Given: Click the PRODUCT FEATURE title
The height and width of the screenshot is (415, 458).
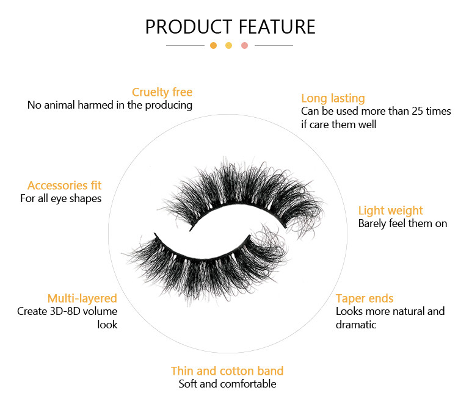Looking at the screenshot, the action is click(x=230, y=27).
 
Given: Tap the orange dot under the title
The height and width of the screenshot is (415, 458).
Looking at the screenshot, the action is click(x=214, y=46).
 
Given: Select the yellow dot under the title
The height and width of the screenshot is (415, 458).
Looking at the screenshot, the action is click(x=229, y=46).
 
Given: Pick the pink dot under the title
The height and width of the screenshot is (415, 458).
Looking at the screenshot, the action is click(x=244, y=46).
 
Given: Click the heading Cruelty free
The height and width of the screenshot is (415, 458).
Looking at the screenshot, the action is click(x=162, y=92).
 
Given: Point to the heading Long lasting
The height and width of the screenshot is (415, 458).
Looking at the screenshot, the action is click(x=333, y=99).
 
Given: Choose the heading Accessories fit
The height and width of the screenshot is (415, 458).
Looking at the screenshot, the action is click(x=65, y=186).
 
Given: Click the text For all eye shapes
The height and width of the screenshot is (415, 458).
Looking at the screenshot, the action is click(x=60, y=199).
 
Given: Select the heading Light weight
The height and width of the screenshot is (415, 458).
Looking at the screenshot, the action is click(x=391, y=211).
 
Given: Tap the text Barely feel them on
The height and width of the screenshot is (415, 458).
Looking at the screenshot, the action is click(x=402, y=223).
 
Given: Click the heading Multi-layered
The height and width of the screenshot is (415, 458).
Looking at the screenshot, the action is click(x=82, y=298).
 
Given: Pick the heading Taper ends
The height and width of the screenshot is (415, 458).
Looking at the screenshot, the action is click(x=365, y=299).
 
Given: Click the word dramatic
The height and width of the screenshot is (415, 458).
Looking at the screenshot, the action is click(x=356, y=325).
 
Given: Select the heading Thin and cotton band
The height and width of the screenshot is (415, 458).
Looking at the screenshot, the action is click(x=227, y=371).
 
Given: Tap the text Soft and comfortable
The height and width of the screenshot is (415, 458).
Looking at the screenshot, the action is click(x=227, y=384).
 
